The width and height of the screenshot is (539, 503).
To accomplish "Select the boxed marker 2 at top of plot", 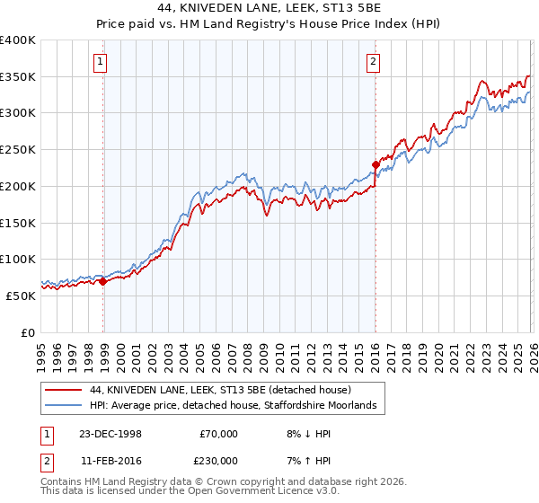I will click(372, 62).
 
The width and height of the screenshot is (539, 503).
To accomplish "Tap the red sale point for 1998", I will click(103, 281).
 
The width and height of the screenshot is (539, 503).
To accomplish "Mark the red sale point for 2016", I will click(376, 164).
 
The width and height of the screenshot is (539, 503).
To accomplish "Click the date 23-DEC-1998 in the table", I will click(110, 434).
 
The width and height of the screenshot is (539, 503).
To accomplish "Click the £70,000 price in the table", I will click(218, 434).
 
